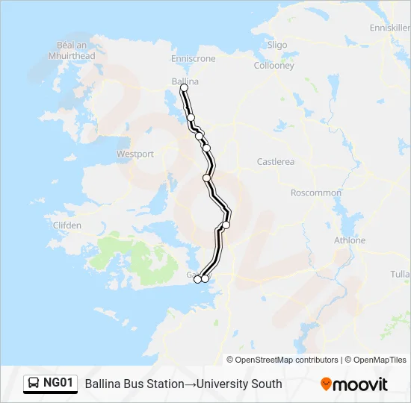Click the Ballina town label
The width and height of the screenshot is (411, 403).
coord(185,81)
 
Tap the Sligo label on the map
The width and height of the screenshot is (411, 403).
coord(276,45)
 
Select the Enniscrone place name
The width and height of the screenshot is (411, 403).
coord(193,58)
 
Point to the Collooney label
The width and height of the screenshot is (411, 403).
coord(274,66)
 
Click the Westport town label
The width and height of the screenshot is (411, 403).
coord(135,154)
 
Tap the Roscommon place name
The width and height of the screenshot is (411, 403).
coord(315,193)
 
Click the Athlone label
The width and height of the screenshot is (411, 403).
coord(349,240)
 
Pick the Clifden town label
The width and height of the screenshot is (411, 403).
coord(67,225)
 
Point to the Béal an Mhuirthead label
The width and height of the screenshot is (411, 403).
coord(71,50)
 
